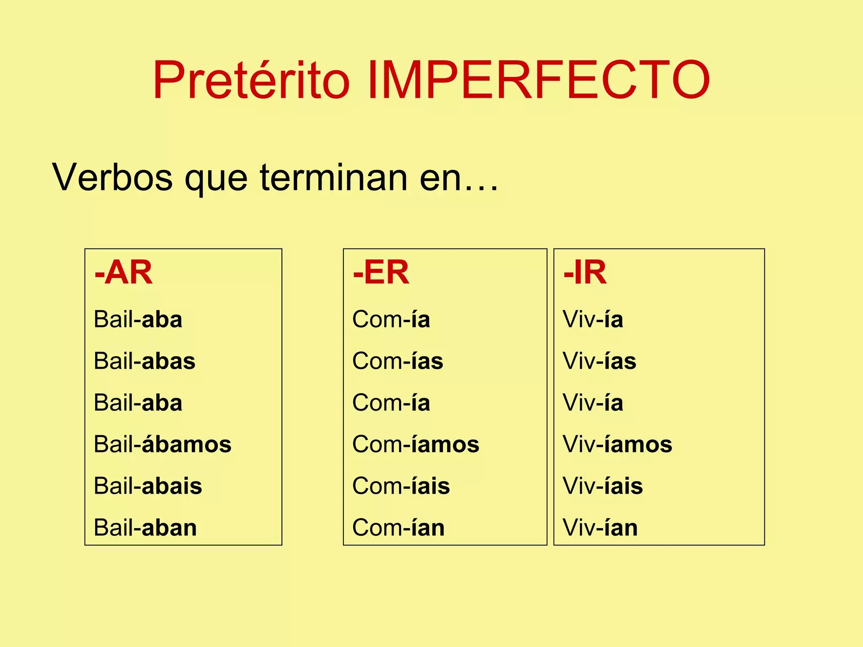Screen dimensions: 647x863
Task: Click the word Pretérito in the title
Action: (x=251, y=80)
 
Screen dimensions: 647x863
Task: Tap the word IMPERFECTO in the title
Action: (x=539, y=80)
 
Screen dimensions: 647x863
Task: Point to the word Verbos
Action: (x=112, y=177)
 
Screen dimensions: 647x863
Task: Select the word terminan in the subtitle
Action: (x=333, y=177)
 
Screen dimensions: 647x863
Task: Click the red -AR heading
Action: (x=123, y=273)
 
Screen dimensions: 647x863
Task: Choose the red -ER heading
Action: (x=381, y=273)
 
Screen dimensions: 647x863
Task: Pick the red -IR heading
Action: (x=585, y=273)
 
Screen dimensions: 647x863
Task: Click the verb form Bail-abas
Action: (x=145, y=361)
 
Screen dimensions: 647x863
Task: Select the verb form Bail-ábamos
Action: (x=163, y=444)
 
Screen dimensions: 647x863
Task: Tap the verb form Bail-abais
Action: (x=148, y=486)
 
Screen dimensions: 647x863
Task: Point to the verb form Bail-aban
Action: (x=145, y=527)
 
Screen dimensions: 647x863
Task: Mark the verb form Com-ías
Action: (x=398, y=361)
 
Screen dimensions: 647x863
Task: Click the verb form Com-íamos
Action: (x=416, y=444)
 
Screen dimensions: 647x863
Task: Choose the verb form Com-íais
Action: (x=401, y=486)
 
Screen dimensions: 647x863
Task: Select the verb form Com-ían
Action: (x=399, y=527)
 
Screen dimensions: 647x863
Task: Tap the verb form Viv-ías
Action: (x=600, y=361)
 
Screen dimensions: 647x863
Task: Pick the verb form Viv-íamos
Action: (x=618, y=444)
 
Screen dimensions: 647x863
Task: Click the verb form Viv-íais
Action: (x=603, y=486)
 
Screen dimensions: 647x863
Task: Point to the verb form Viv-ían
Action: (x=600, y=527)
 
